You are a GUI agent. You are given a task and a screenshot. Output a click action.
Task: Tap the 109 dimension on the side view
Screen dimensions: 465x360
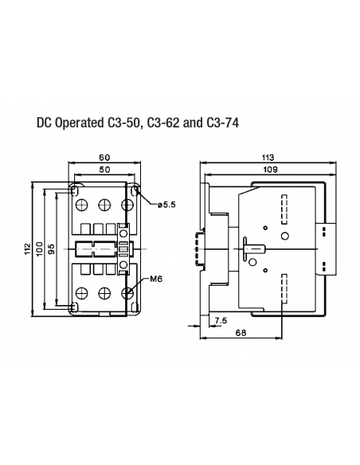point(264,170)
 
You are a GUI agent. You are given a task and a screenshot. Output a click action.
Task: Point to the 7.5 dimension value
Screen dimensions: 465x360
point(221,320)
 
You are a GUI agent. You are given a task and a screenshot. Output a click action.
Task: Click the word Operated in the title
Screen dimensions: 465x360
point(79,123)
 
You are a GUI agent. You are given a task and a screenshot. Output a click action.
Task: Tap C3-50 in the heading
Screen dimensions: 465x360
point(122,123)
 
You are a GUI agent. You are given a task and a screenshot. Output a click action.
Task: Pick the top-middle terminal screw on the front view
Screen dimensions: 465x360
point(104,204)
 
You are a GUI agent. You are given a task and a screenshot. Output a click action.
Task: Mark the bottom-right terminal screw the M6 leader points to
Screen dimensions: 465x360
point(127,293)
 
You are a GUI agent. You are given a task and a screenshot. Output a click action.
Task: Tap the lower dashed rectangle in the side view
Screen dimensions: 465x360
point(285,287)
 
